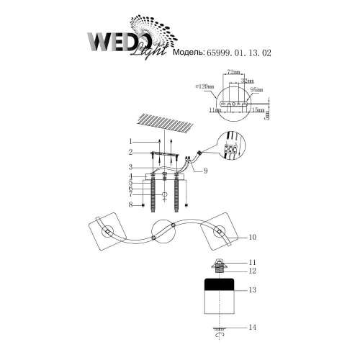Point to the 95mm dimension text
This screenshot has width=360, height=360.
coord(257,91)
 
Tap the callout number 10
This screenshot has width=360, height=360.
coord(253,237)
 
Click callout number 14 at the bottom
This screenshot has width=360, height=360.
coord(252,328)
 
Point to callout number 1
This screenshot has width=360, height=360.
coord(131,140)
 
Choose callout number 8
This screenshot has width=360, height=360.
coord(131,206)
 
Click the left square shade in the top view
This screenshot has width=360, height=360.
coord(103,231)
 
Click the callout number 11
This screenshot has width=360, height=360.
coord(252,263)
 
